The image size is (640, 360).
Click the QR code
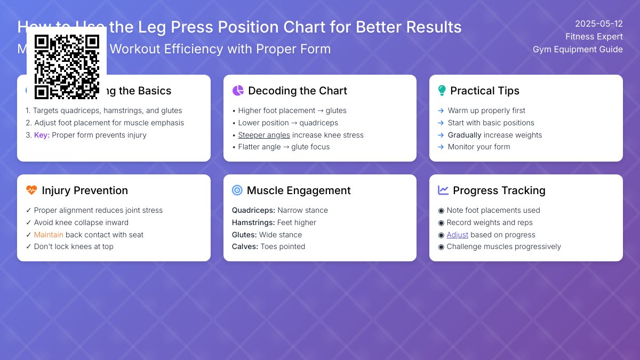point(67,67)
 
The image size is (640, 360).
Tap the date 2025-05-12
point(598,23)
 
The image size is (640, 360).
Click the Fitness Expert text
point(594,36)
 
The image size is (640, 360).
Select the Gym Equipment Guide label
point(578,49)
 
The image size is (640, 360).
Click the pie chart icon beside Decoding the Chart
point(238,91)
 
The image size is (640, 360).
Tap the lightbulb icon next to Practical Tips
point(442,91)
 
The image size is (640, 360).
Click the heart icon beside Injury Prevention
point(31,190)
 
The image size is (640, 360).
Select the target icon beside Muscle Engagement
point(237,190)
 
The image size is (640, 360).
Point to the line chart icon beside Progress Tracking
point(443,190)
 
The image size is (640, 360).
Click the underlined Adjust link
point(457,235)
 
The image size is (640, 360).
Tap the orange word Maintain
point(49,235)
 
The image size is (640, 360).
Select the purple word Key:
point(42,135)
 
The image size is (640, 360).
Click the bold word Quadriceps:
point(253,210)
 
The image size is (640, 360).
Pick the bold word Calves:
point(245,246)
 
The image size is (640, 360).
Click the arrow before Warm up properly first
point(441,110)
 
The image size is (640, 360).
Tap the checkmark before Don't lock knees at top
point(28,246)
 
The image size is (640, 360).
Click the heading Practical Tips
point(484,91)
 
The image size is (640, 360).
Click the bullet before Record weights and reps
point(441,222)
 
